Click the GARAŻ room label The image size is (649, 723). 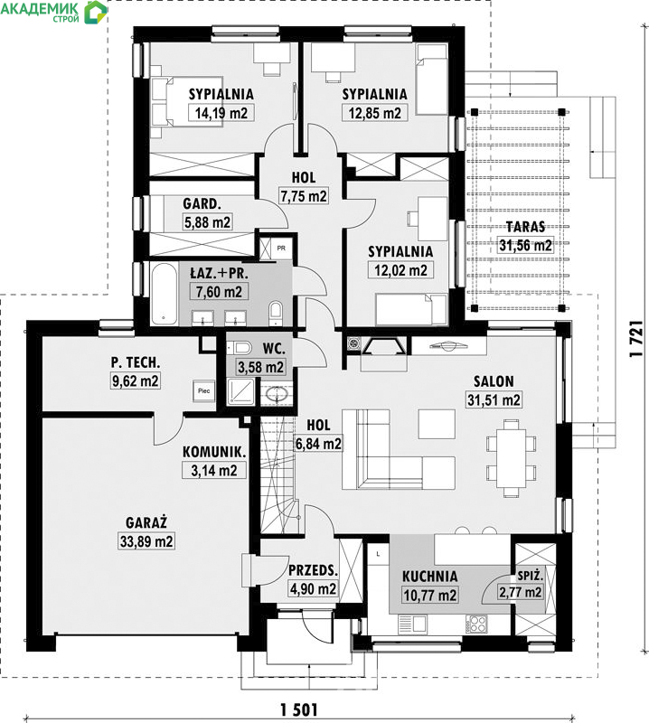click(x=146, y=522)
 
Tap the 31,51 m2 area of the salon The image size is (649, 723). click(x=494, y=399)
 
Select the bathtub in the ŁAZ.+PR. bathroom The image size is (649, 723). click(x=164, y=293)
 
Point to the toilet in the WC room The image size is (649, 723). click(x=240, y=347)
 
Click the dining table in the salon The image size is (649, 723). click(x=511, y=458)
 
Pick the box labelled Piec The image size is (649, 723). click(x=204, y=391)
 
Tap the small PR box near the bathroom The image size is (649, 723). click(x=281, y=248)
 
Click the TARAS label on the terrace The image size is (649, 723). click(x=525, y=227)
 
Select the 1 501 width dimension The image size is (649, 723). click(x=299, y=709)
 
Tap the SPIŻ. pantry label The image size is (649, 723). click(x=530, y=576)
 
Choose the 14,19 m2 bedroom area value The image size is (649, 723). click(x=221, y=113)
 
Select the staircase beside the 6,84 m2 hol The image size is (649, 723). click(x=277, y=475)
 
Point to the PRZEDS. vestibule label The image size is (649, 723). click(x=313, y=570)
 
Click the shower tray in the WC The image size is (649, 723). click(x=240, y=391)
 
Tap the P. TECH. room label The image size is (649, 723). click(x=136, y=362)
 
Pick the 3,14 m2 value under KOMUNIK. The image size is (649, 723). click(x=214, y=470)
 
